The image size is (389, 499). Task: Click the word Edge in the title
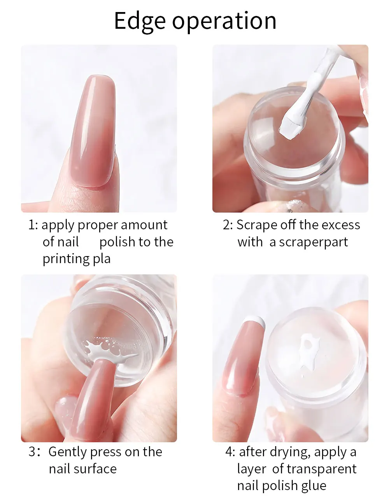pyautogui.click(x=140, y=22)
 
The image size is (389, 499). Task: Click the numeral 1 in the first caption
pyautogui.click(x=32, y=225)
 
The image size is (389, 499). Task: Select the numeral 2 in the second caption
pyautogui.click(x=226, y=225)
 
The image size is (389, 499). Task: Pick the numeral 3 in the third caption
pyautogui.click(x=32, y=452)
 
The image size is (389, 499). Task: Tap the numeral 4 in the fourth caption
pyautogui.click(x=229, y=452)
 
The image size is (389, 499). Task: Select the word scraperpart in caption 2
pyautogui.click(x=314, y=243)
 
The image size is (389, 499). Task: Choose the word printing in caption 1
pyautogui.click(x=66, y=260)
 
